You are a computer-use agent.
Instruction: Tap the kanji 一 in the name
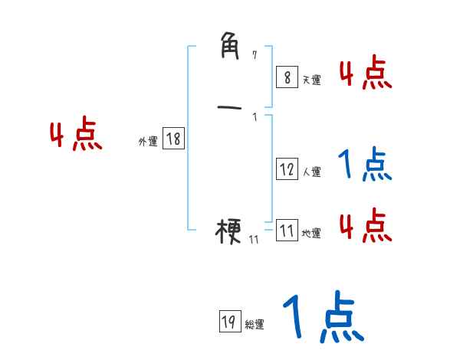point(229,108)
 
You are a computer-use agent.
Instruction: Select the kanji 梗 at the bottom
point(229,230)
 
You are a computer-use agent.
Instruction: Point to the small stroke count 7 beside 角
point(255,54)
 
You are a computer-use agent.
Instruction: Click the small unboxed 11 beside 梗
point(254,240)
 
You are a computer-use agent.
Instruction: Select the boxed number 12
point(287,169)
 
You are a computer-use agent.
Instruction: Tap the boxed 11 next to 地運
point(287,231)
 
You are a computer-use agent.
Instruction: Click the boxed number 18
point(173,139)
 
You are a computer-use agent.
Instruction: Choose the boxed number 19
point(228,322)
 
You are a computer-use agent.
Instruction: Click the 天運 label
point(311,80)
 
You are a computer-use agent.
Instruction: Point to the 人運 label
point(311,172)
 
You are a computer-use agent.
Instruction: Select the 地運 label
point(311,234)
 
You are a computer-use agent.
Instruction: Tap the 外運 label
point(148,142)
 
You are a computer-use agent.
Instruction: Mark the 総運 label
point(254,325)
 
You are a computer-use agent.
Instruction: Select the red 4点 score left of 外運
point(76,136)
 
